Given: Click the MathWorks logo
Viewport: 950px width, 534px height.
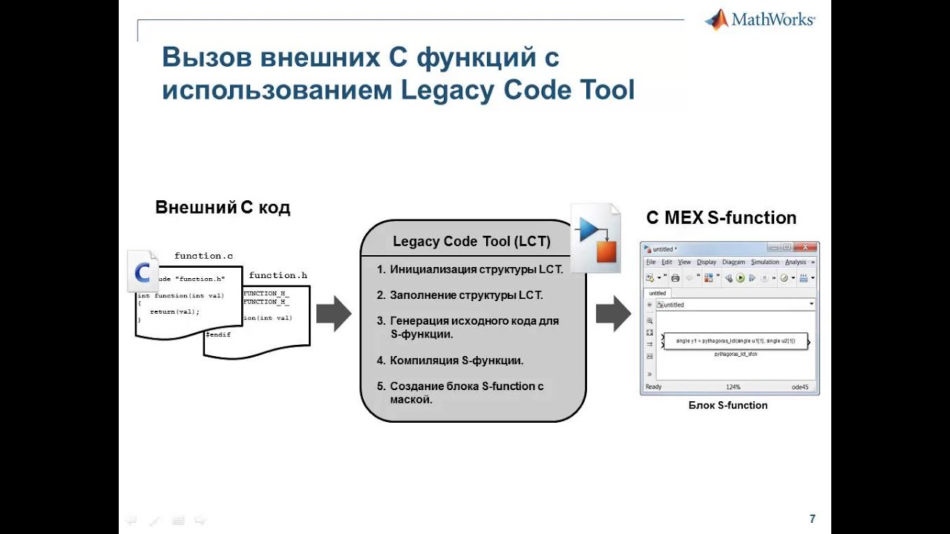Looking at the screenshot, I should tap(759, 19).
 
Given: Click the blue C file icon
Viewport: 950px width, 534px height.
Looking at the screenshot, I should tap(143, 272).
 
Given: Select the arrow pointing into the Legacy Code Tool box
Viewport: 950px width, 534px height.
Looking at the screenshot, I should tap(333, 314).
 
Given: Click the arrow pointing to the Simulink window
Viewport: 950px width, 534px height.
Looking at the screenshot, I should tap(613, 314).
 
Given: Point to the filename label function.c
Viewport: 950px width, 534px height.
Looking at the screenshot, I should tap(203, 256).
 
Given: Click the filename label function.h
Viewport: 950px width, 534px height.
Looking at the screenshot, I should tap(278, 275).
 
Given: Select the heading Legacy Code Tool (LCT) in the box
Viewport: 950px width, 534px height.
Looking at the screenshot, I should tap(471, 241).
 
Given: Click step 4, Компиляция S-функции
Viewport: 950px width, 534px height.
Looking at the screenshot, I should tap(456, 360).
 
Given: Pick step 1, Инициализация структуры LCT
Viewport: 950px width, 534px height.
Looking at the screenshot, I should tap(475, 269).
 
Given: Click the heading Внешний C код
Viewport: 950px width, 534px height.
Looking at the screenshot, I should tap(223, 208).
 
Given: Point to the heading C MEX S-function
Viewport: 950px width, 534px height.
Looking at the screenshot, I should tap(721, 218).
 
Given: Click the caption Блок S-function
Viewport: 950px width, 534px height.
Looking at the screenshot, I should tap(727, 406).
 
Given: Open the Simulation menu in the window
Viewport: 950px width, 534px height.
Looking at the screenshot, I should tap(764, 262).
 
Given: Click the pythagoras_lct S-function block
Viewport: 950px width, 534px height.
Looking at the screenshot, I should tap(735, 341).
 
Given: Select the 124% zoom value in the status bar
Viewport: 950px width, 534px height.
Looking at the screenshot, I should tap(733, 387).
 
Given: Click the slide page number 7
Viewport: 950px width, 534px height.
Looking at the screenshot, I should tap(813, 519).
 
